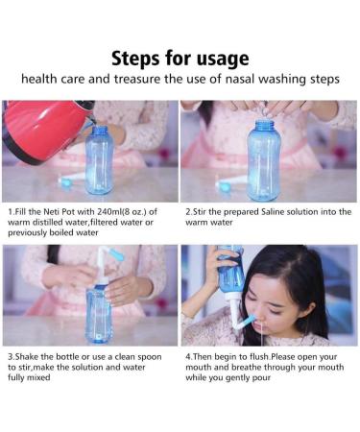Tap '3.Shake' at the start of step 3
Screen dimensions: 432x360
pyautogui.click(x=24, y=355)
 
